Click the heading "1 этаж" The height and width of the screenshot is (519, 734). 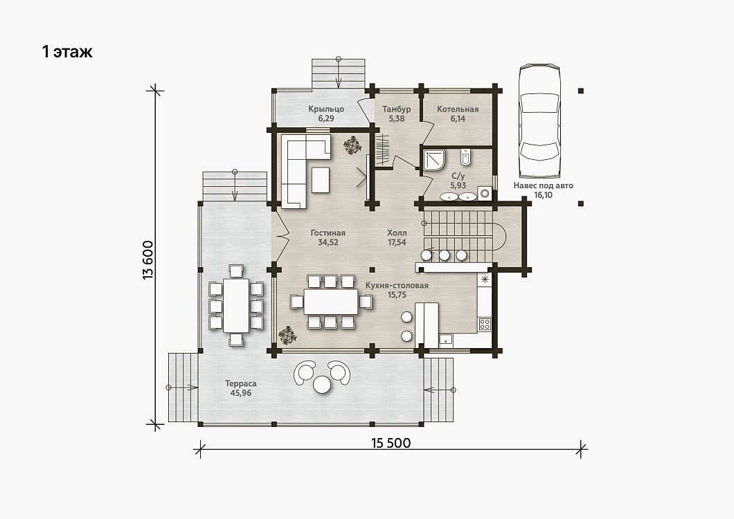point(67,51)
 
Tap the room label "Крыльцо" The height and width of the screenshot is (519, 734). point(326,109)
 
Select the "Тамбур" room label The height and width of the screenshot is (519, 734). point(397,109)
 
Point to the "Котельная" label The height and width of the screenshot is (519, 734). point(458,109)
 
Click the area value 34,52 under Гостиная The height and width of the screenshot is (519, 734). point(328,242)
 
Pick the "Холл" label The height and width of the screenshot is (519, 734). point(397,233)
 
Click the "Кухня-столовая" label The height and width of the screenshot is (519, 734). point(397,286)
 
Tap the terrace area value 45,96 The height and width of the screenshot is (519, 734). point(240,393)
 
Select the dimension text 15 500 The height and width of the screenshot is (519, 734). point(391,443)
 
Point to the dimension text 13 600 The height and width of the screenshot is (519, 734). point(148,260)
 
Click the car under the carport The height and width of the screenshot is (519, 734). point(539,121)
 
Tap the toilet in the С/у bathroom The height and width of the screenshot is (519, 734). point(465,157)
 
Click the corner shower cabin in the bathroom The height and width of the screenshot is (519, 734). point(434,161)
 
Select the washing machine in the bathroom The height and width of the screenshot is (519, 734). point(484,193)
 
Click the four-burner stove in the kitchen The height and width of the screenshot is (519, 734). point(484,324)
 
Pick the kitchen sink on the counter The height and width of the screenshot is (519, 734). point(446,340)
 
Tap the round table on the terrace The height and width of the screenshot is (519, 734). point(322,385)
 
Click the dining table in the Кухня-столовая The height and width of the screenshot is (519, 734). point(331,302)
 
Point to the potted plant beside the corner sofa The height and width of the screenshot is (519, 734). point(352,145)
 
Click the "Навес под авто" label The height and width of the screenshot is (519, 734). point(543,185)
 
